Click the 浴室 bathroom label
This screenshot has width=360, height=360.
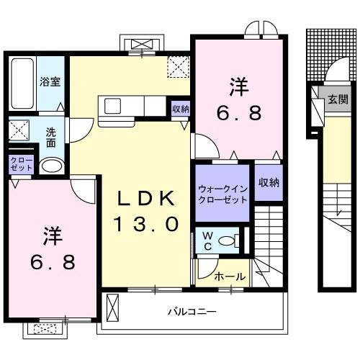point(50,82)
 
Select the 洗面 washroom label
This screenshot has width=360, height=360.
point(52,138)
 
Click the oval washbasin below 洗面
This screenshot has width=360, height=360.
point(50,166)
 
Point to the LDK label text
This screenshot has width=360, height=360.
point(147,197)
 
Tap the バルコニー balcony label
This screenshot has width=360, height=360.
point(192,312)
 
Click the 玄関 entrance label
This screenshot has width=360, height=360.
point(338,99)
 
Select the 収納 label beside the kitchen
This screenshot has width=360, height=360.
point(181,109)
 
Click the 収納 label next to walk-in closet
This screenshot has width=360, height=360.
point(268,183)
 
